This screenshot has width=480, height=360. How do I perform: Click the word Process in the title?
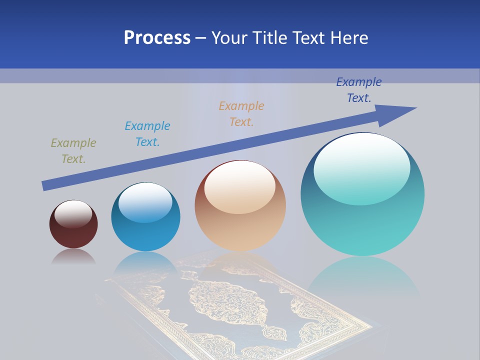click(x=157, y=38)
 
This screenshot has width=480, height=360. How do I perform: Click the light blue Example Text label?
click(x=147, y=134)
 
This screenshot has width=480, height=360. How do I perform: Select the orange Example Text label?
click(x=241, y=114)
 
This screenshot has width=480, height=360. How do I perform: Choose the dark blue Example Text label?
click(x=358, y=90)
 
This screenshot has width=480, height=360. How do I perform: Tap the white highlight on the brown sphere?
click(x=73, y=213)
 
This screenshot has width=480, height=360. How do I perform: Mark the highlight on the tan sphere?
click(x=240, y=187)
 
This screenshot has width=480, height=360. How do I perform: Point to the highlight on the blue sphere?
click(x=145, y=201)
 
